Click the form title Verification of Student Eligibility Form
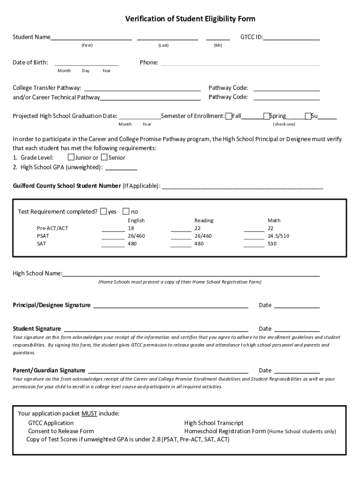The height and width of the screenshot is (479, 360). coord(190,19)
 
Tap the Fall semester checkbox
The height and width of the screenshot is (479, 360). coord(229,116)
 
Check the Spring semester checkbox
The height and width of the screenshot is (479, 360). coord(266,116)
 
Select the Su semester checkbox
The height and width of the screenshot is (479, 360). coord(308,116)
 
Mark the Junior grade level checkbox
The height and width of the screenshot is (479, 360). coord(72,157)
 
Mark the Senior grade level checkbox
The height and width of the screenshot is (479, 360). coord(104,157)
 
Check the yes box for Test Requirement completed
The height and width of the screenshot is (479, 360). coord(103,211)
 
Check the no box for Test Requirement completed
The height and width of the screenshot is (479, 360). coord(126,211)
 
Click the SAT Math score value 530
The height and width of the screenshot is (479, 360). coord(272,244)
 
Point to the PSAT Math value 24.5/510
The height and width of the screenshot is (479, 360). coord(278,236)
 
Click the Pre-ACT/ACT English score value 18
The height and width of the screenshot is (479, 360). coord(131,228)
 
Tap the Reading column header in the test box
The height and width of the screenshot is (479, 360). coord(204,220)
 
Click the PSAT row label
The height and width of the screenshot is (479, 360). coord(43,236)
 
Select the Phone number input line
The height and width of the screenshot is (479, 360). coord(240,63)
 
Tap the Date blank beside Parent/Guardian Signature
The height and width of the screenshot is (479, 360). coord(297,371)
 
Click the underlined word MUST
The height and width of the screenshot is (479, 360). coord(89,414)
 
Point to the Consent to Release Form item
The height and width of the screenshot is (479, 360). coord(61,431)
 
